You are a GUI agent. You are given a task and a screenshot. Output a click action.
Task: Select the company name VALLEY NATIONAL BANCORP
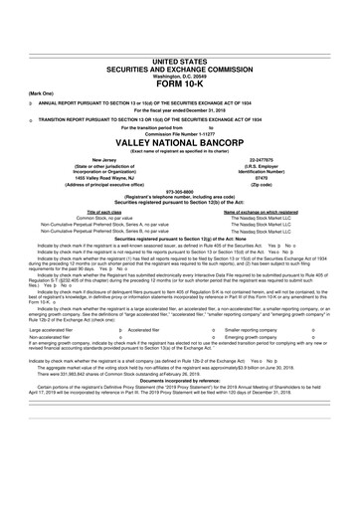[180, 140]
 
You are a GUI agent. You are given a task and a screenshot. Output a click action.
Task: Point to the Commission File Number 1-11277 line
[180, 133]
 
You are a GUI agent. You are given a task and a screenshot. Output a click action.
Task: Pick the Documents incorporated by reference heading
[180, 394]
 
